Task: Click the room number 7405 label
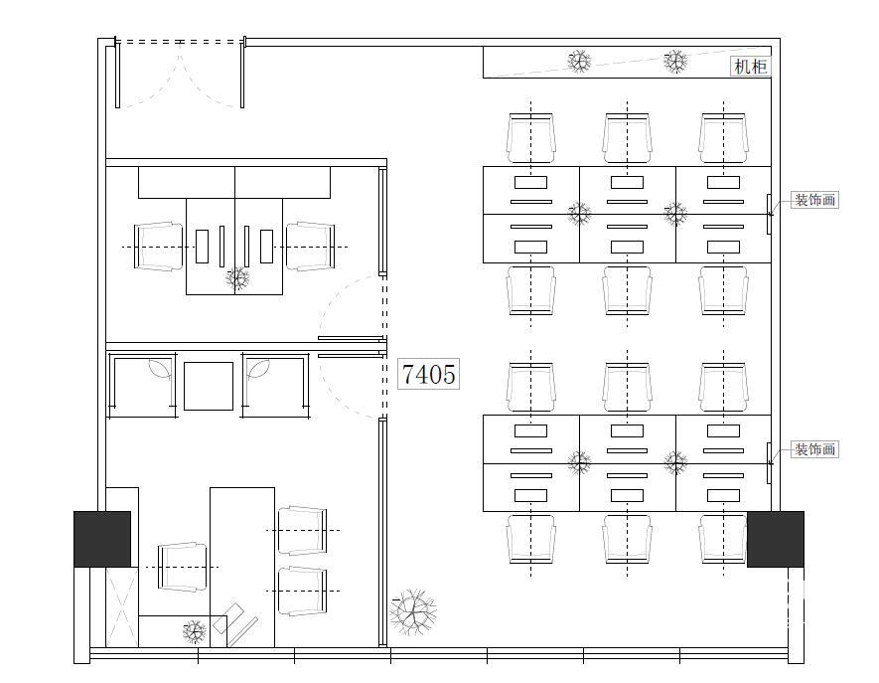point(429,374)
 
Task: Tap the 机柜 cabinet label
point(750,67)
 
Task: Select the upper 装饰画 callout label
point(815,200)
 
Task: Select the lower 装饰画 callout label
point(815,449)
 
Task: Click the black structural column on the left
point(102,539)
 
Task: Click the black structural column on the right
point(776,539)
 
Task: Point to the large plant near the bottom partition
point(414,612)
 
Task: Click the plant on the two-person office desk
point(237,277)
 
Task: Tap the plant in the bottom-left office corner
point(194,632)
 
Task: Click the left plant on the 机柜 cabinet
point(579,62)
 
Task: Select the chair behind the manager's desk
point(183,567)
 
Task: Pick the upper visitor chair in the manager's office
point(303,530)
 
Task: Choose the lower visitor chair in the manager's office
point(303,591)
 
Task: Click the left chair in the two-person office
point(159,247)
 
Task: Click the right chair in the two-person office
point(311,247)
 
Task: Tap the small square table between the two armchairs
point(209,386)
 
